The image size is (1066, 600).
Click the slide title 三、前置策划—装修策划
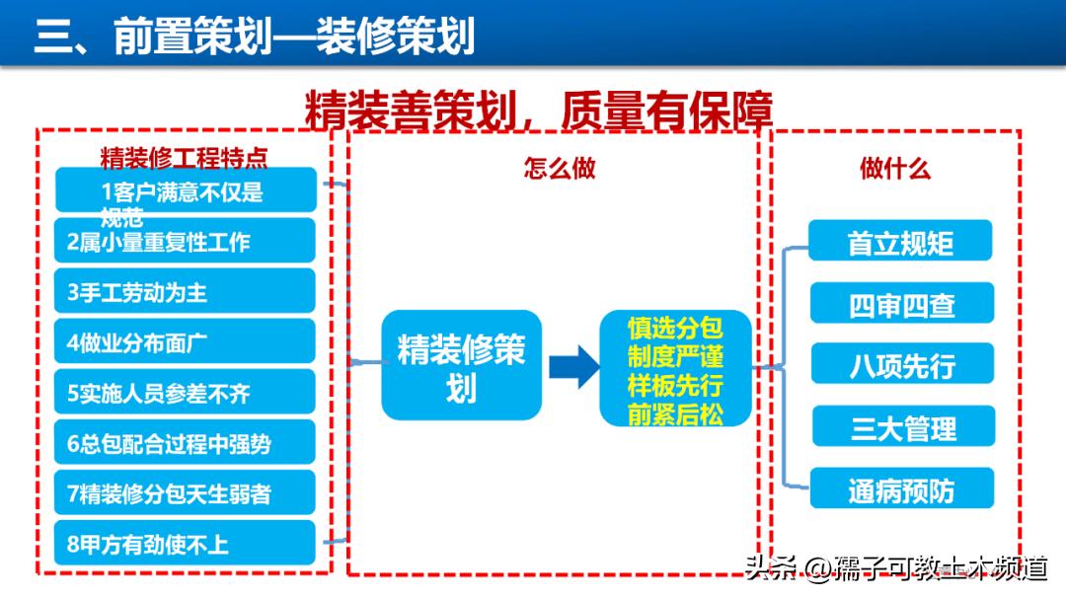[x=255, y=37]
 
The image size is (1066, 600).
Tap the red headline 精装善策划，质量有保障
[x=538, y=112]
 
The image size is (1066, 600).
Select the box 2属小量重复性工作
[x=186, y=241]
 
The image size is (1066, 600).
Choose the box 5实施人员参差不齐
[x=186, y=393]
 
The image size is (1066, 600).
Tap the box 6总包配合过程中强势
[x=186, y=443]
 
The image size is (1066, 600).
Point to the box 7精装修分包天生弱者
[x=186, y=493]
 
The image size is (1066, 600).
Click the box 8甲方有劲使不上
[x=186, y=544]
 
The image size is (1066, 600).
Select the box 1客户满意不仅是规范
[x=186, y=190]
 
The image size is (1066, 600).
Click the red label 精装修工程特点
[x=184, y=158]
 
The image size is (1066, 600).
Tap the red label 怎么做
[x=560, y=168]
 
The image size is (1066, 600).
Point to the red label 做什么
[x=894, y=168]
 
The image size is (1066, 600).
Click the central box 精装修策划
[x=461, y=365]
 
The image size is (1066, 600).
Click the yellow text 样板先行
[x=675, y=384]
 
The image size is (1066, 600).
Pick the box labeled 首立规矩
[x=900, y=242]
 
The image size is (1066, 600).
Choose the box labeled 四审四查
[x=901, y=304]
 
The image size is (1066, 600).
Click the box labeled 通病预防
[x=901, y=489]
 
